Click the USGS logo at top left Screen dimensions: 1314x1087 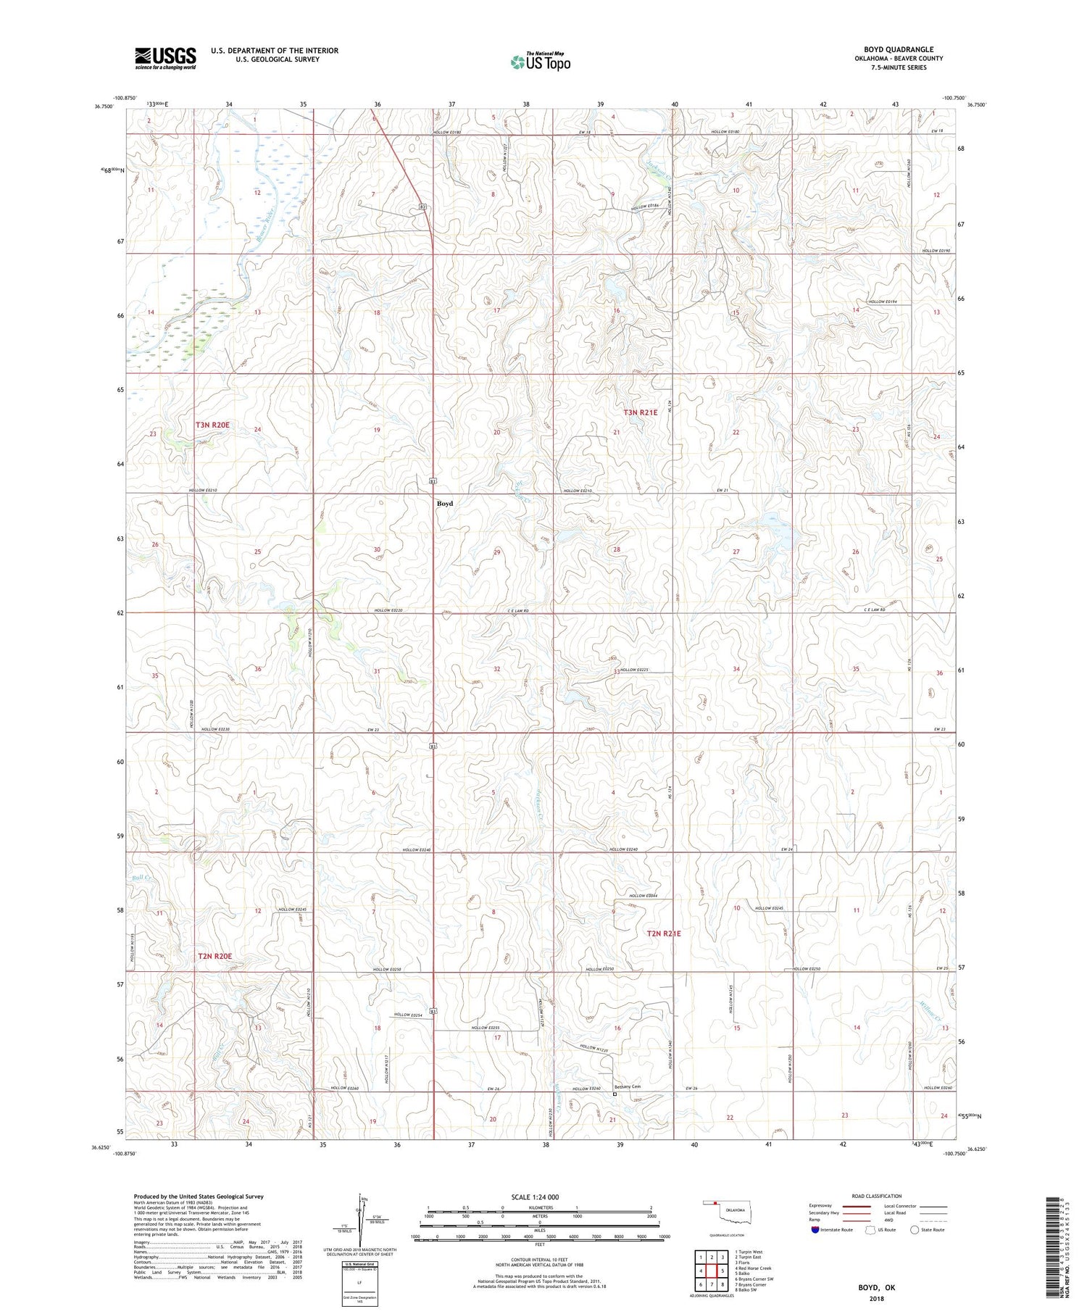point(165,58)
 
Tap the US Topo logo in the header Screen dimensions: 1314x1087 point(541,62)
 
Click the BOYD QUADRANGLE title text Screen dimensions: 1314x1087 point(898,49)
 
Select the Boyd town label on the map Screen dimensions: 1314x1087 point(444,503)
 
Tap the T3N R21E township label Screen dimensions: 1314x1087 point(641,412)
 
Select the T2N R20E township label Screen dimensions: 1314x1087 point(215,956)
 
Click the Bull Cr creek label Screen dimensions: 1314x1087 point(141,878)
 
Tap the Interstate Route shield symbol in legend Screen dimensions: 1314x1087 point(815,1229)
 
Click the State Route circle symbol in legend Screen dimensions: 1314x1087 point(915,1229)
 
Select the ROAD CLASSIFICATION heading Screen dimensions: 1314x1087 point(877,1196)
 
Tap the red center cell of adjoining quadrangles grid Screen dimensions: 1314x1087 point(712,1271)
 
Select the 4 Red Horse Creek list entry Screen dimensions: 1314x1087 point(754,1268)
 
